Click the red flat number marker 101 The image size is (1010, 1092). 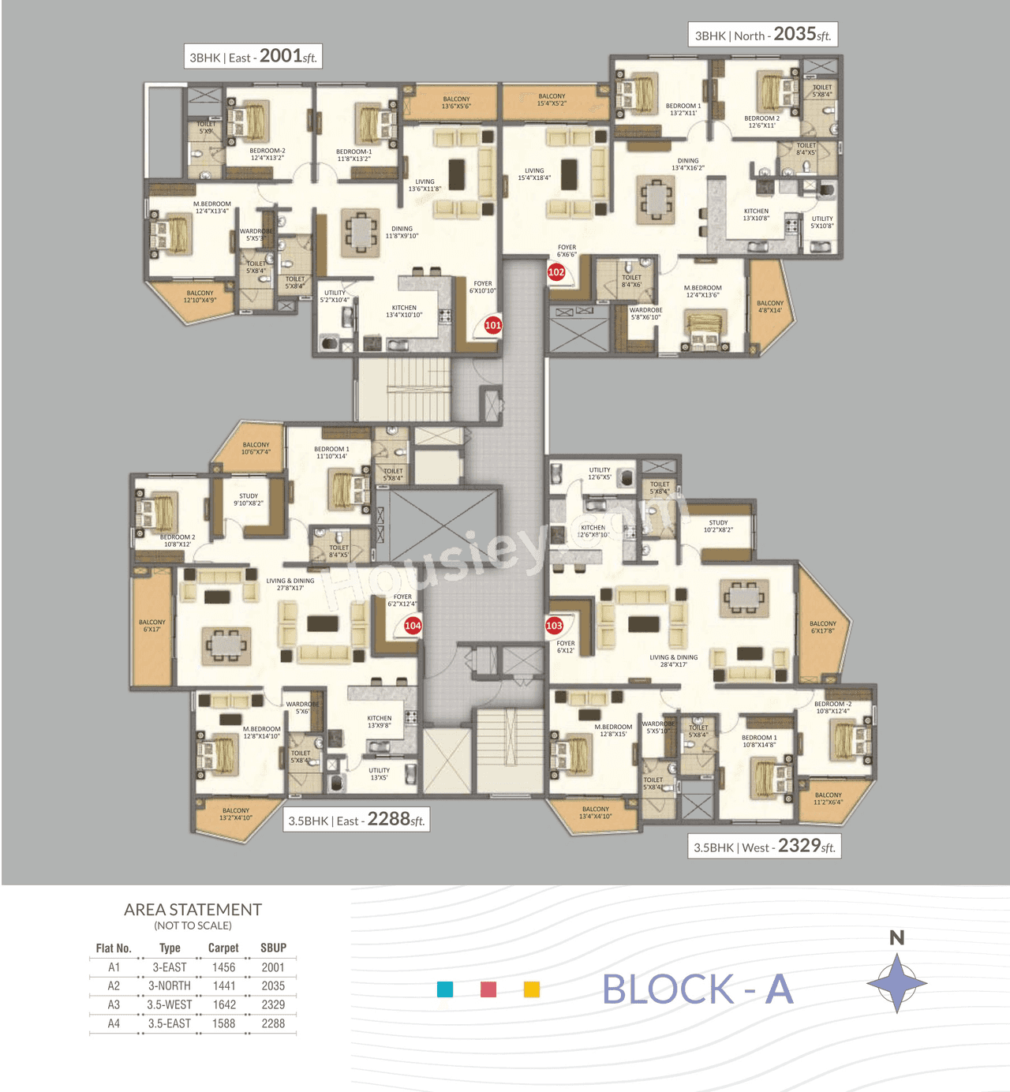[x=492, y=325]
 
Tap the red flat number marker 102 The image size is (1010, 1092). [x=556, y=272]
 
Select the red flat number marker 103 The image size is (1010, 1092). [x=555, y=626]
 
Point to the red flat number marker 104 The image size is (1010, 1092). [x=413, y=626]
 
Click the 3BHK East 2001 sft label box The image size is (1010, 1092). [x=253, y=57]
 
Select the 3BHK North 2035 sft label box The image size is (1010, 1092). [x=762, y=35]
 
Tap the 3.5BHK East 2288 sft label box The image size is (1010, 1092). [x=357, y=820]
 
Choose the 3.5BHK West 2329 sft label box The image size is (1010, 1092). [x=764, y=847]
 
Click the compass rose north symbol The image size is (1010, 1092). [x=897, y=982]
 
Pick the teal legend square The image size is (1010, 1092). [x=445, y=989]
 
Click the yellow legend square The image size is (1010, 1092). [x=532, y=989]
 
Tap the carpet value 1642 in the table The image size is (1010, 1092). [x=224, y=1004]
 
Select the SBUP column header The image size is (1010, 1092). [x=273, y=948]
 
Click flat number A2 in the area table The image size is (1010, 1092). [x=114, y=985]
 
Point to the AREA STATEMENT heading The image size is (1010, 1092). [x=193, y=910]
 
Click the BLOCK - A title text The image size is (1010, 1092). [x=697, y=989]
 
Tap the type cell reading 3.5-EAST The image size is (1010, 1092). [x=170, y=1023]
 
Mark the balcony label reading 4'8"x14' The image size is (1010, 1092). [x=770, y=307]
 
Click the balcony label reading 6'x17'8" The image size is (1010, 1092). [x=822, y=627]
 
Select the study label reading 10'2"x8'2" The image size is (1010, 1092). [x=718, y=526]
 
